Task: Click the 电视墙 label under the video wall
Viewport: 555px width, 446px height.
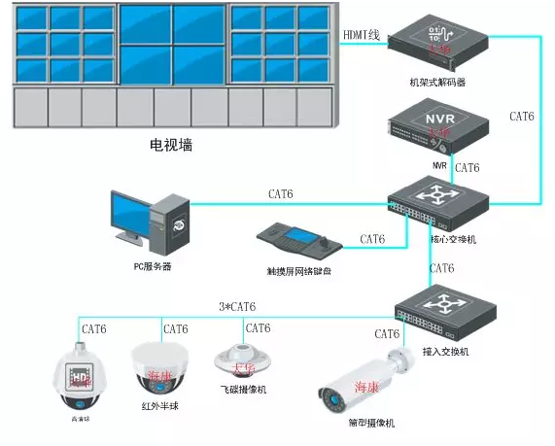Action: point(171,146)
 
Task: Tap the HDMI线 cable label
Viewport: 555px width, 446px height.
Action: point(363,34)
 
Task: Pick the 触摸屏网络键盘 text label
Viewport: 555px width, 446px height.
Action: point(298,271)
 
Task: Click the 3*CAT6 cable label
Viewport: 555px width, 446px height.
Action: point(238,307)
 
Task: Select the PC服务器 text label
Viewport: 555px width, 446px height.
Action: point(153,266)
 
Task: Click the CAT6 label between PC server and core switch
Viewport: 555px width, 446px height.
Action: point(281,194)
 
